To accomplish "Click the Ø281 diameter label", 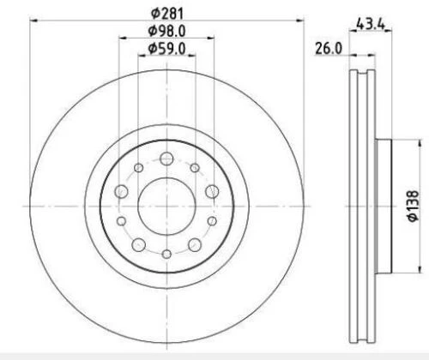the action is [x=167, y=13].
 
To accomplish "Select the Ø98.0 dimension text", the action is [x=166, y=31].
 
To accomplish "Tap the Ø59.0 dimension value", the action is [x=166, y=48].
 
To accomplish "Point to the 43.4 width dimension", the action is [x=371, y=23].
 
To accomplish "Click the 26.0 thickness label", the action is [x=329, y=48].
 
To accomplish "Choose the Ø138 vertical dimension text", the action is [x=413, y=206].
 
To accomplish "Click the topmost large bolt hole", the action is [x=166, y=159].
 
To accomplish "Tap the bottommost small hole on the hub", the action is [x=166, y=254].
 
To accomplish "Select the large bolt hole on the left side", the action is [x=121, y=191].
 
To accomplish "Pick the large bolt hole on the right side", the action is [x=212, y=191].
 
